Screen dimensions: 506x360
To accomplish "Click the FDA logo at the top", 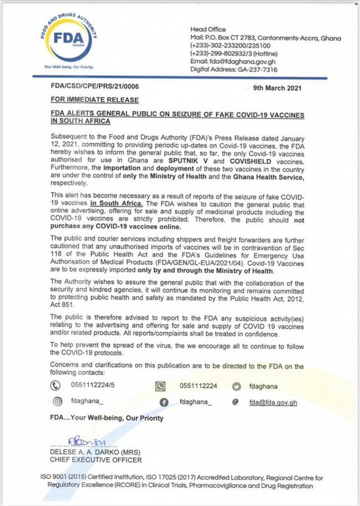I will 70,39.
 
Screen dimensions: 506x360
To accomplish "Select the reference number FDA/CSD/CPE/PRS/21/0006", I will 94,86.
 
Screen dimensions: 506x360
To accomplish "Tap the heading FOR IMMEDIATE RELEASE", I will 94,100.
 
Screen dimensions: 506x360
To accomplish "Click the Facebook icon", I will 164,402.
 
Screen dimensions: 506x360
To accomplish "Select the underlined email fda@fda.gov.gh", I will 273,402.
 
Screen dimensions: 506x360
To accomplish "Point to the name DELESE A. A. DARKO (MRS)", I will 90,452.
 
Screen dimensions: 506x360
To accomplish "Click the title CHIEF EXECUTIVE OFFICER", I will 95,460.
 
